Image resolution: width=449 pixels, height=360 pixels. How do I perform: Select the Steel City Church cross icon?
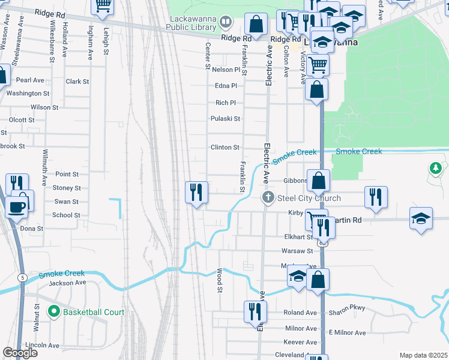point(268,198)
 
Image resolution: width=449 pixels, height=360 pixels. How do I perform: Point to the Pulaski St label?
point(225,119)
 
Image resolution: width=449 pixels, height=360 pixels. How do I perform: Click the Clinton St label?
point(224,147)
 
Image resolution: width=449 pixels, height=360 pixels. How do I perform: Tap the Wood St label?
point(220,281)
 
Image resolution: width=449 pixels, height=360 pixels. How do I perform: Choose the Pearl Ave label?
point(31,80)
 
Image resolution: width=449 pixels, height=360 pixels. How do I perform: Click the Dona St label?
point(32,229)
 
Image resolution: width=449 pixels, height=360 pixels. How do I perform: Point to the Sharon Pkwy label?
point(347,313)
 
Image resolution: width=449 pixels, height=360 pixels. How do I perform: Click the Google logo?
point(20,353)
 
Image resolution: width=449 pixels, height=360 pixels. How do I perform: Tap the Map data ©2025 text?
point(424,355)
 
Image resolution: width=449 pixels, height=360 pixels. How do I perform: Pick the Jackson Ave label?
point(68,283)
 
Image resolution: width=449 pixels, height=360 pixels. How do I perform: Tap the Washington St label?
point(28,94)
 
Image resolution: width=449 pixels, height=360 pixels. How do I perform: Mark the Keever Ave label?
point(303,342)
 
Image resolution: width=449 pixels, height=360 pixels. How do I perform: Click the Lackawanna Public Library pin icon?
point(226,23)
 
